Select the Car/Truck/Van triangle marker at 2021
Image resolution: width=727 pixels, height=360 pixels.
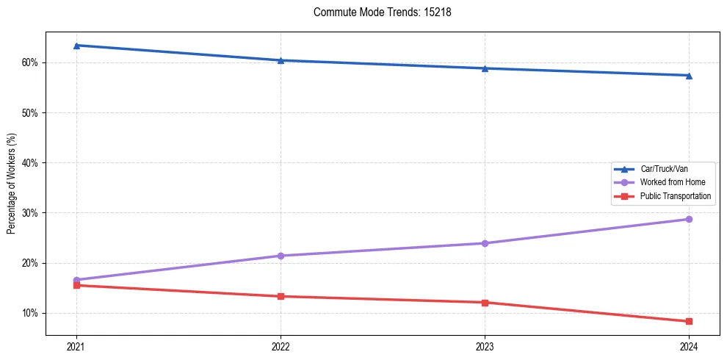[76, 46]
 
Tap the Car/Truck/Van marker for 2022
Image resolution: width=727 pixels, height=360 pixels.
[281, 60]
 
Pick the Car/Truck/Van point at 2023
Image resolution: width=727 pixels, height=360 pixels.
[485, 68]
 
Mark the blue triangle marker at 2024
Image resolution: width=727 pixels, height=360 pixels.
[689, 75]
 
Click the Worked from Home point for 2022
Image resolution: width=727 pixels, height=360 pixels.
[281, 256]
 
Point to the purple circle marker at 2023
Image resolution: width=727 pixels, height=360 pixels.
[485, 243]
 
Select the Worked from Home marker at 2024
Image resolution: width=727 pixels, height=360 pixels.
[689, 219]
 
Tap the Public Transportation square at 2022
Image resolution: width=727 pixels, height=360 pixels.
[281, 296]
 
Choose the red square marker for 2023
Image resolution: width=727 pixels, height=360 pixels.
[485, 303]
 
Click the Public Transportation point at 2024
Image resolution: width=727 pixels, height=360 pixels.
[689, 321]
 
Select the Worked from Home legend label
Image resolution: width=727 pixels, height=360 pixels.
[672, 182]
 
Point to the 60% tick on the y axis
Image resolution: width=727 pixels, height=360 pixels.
[31, 62]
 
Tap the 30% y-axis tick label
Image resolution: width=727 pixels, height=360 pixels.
[31, 213]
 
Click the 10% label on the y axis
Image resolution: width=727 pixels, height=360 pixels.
[31, 313]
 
